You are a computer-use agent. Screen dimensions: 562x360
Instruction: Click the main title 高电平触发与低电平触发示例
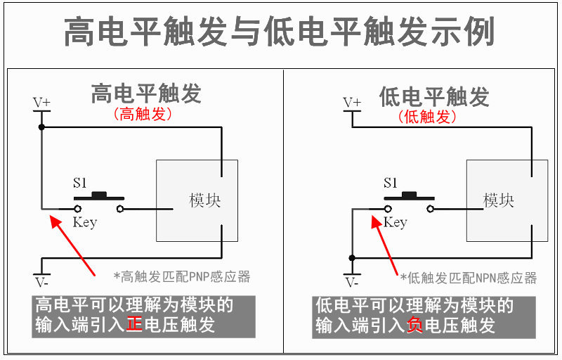coord(280,32)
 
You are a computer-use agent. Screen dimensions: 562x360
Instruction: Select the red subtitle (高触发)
coord(143,114)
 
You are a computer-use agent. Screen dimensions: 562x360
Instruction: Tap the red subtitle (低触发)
coord(427,117)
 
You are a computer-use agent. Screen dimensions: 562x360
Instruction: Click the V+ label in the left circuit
coord(42,103)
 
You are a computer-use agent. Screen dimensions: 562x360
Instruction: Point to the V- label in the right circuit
coord(352,283)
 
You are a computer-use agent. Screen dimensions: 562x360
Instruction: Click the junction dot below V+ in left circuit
coord(41,127)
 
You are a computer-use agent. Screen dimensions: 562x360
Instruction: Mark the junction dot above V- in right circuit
coord(352,258)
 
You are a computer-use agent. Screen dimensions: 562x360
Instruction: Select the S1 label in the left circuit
coord(79,183)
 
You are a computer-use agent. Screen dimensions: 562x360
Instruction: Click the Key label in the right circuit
coord(396,223)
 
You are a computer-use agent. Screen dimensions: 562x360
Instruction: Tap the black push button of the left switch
coord(99,195)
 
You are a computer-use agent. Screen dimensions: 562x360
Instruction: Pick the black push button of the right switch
coord(410,195)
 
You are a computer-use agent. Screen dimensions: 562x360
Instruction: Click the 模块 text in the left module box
coord(204,200)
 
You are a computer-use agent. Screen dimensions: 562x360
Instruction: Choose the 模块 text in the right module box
coord(499,200)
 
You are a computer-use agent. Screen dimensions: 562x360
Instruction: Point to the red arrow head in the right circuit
coord(376,221)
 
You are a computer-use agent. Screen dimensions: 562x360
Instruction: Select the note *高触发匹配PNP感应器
coord(182,277)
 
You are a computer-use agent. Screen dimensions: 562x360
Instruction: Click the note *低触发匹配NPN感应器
coord(469,278)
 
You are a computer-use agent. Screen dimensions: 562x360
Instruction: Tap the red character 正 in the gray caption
coord(134,325)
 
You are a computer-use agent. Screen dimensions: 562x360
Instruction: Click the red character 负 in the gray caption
coord(414,326)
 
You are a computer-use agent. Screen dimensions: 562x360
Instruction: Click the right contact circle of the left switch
coord(120,209)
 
